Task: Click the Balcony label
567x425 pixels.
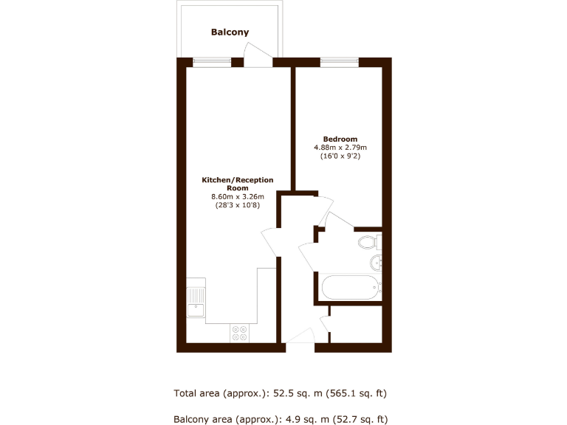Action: click(230, 32)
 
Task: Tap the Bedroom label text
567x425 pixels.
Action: click(340, 139)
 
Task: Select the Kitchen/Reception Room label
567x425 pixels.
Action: click(238, 184)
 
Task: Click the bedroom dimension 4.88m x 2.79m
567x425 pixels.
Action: click(340, 148)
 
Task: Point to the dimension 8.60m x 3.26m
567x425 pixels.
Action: click(238, 196)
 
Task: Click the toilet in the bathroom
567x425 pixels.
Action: click(368, 241)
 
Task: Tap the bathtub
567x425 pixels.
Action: click(349, 286)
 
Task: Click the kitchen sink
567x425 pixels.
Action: click(196, 303)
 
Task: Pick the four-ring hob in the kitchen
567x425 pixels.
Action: click(239, 333)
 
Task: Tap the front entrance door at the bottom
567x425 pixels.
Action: click(299, 338)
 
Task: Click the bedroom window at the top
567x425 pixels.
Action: click(339, 62)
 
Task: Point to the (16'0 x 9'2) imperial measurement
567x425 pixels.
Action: click(340, 156)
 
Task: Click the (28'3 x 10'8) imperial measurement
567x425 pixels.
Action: click(238, 205)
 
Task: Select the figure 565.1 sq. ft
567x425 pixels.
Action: click(358, 393)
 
